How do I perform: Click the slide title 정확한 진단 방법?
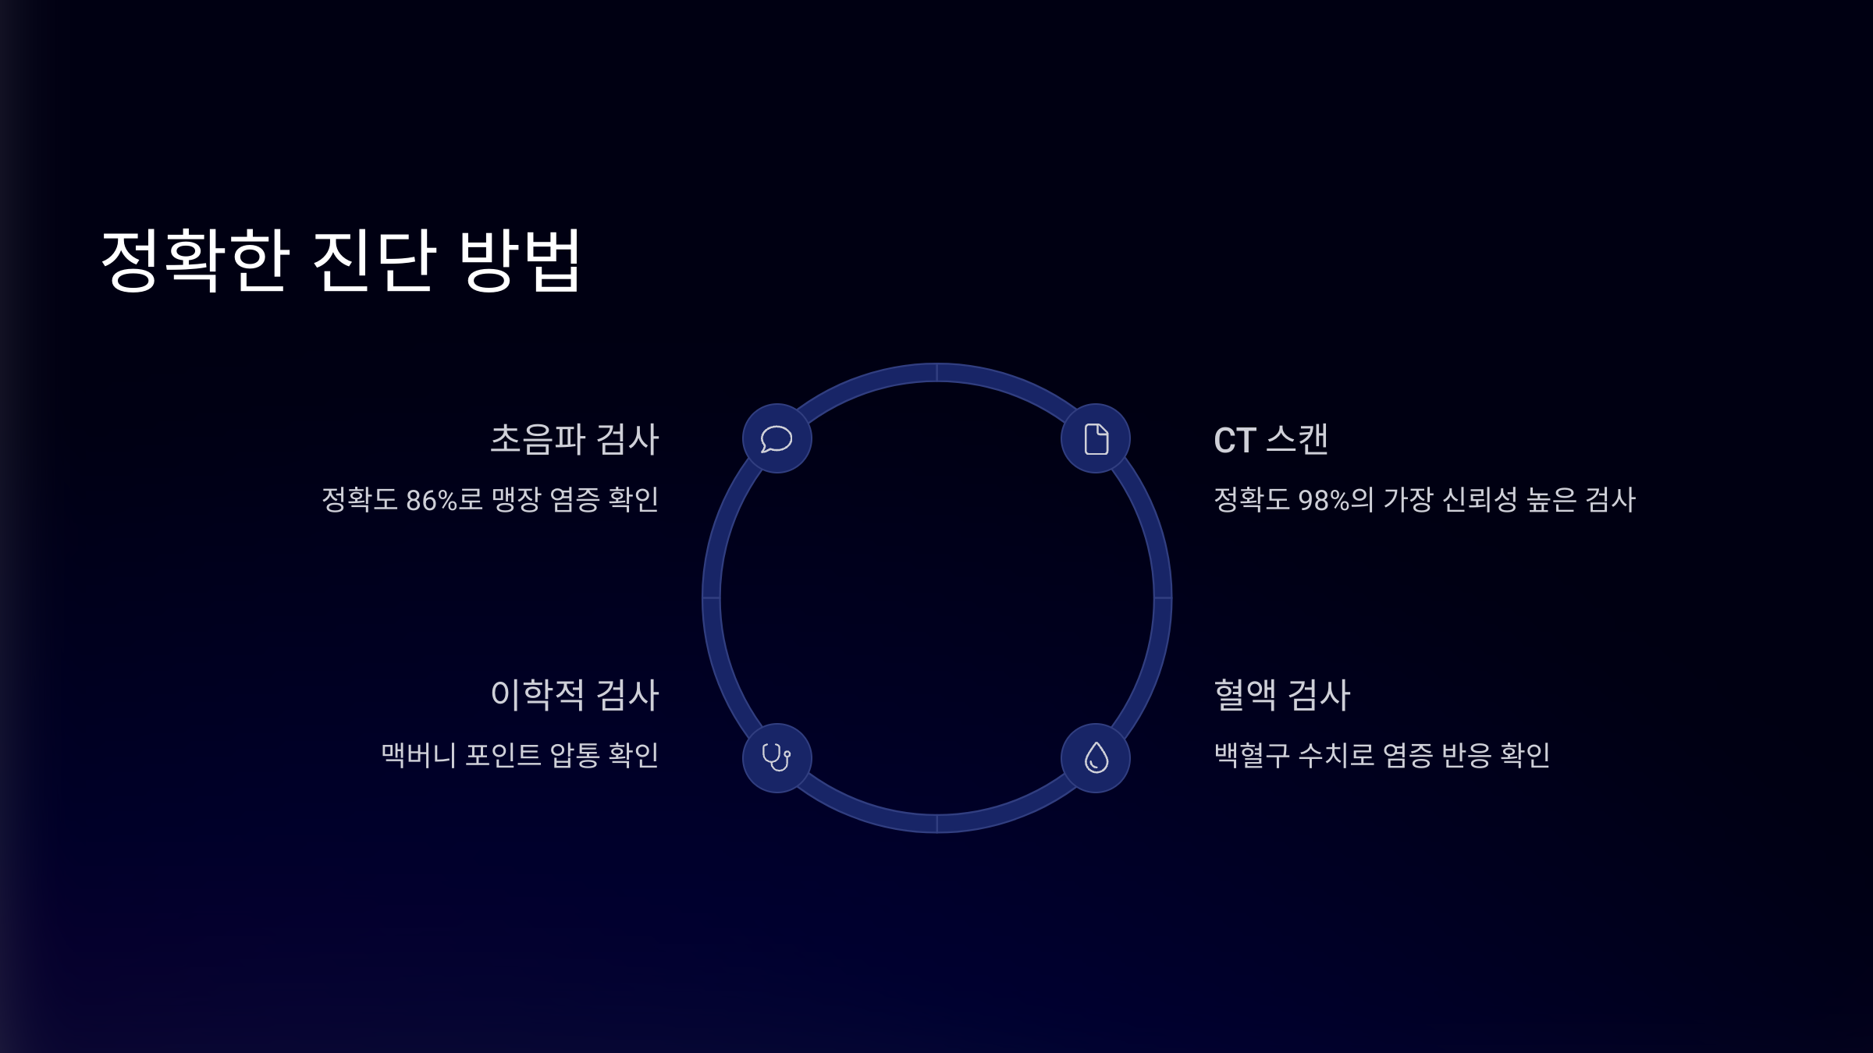point(341,261)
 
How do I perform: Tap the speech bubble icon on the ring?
point(777,438)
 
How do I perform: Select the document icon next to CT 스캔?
point(1096,438)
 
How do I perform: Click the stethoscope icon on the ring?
point(777,757)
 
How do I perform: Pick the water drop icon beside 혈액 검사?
point(1096,757)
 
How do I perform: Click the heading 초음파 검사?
point(574,439)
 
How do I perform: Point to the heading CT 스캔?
point(1271,439)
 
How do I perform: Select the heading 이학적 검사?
point(574,694)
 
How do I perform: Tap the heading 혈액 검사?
point(1281,694)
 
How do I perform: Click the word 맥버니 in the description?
point(418,755)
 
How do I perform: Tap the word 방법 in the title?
point(521,261)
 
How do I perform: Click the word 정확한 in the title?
point(196,261)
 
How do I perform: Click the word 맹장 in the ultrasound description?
point(516,500)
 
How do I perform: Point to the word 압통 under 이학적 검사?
point(574,755)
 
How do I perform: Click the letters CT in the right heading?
point(1235,441)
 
